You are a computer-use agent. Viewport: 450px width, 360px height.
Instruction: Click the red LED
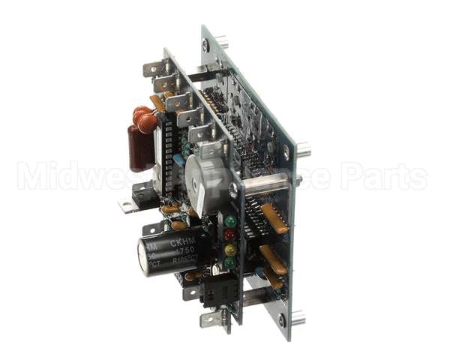(230, 235)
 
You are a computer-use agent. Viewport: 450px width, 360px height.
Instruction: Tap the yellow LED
(230, 249)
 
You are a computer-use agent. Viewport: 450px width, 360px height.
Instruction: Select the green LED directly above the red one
(230, 221)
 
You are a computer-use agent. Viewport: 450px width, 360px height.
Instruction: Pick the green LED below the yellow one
(229, 262)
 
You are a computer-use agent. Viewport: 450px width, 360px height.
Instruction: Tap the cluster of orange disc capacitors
(145, 118)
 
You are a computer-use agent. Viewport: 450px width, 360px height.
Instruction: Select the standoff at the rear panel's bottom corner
(297, 318)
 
